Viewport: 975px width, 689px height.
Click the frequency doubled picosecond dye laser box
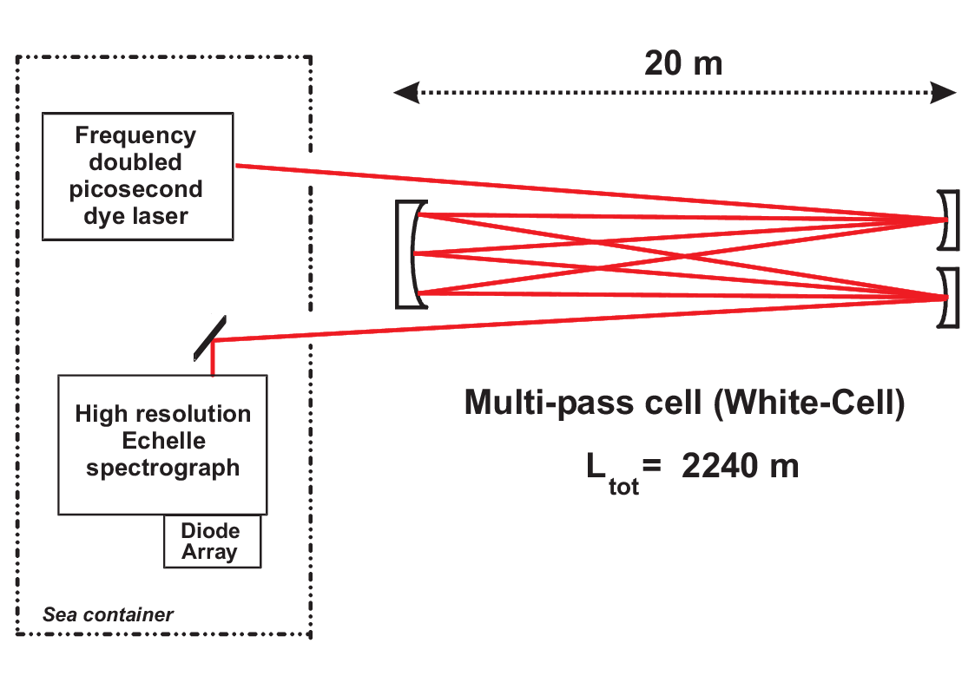pyautogui.click(x=137, y=175)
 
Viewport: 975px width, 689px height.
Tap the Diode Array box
pyautogui.click(x=212, y=541)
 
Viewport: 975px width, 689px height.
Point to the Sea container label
pyautogui.click(x=108, y=615)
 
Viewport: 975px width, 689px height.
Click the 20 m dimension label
pyautogui.click(x=683, y=63)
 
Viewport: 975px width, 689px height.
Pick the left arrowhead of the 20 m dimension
pyautogui.click(x=401, y=93)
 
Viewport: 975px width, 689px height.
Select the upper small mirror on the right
pyautogui.click(x=950, y=219)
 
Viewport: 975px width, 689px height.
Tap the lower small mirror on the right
pyautogui.click(x=950, y=298)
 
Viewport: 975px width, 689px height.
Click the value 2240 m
pyautogui.click(x=740, y=466)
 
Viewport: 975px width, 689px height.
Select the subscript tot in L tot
pyautogui.click(x=623, y=487)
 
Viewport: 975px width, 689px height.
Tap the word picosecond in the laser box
pyautogui.click(x=135, y=189)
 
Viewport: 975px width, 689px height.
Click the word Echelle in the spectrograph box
pyautogui.click(x=163, y=441)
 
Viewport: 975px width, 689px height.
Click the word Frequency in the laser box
pyautogui.click(x=135, y=135)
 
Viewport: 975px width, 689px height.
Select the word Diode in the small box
pyautogui.click(x=210, y=530)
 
